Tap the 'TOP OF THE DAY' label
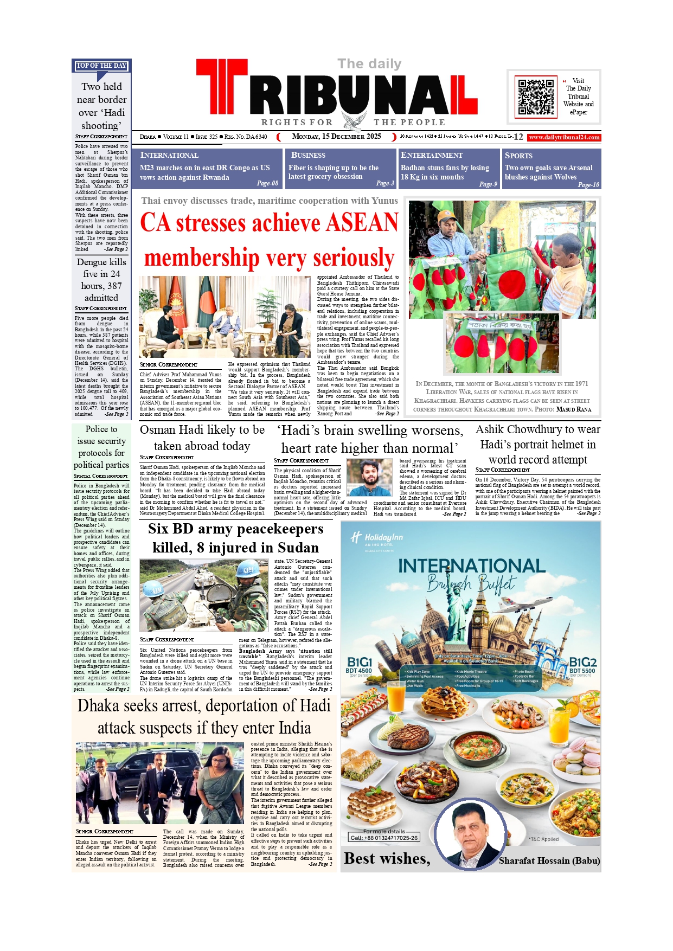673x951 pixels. tap(101, 66)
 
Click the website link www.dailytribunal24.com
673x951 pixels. tap(564, 137)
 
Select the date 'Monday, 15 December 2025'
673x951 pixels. tap(336, 137)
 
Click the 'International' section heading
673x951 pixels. tap(169, 155)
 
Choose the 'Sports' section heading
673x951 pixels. tap(518, 155)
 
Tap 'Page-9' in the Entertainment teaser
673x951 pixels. tap(488, 184)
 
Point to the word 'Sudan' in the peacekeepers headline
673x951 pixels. tap(298, 548)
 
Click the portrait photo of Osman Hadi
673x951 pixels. tap(369, 478)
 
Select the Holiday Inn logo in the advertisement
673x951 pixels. tap(376, 538)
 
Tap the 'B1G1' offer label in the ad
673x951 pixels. tap(360, 662)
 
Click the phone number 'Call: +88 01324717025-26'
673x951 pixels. tap(384, 838)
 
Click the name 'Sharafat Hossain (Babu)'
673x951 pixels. tap(549, 860)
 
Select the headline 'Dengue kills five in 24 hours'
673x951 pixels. tap(101, 280)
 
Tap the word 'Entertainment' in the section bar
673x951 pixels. tap(432, 155)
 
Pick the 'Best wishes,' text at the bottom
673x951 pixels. tap(387, 859)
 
